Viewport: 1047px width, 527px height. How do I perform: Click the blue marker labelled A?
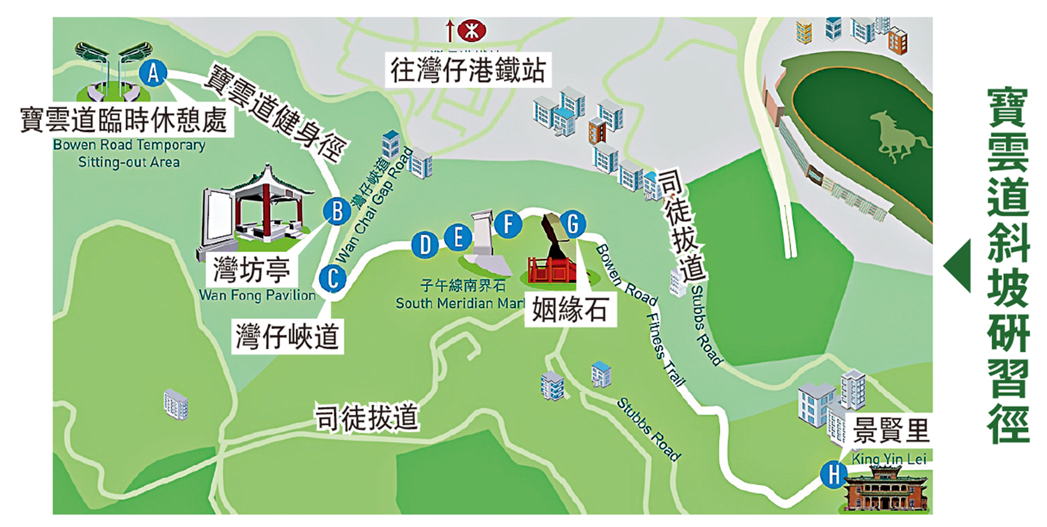coord(154,73)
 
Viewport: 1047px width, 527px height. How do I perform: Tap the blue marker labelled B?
coord(337,210)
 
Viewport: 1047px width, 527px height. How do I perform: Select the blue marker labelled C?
coord(332,278)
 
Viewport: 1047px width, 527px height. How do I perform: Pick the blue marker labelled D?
coord(424,244)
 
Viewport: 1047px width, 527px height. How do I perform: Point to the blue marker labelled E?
coord(458,238)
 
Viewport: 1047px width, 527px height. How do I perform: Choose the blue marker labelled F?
coord(507,225)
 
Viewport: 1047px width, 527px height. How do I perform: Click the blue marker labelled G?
coord(572,224)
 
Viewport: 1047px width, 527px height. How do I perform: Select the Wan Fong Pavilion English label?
coord(258,295)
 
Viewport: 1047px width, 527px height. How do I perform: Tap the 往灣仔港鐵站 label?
coord(467,71)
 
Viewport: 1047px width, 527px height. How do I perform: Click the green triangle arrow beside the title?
coord(957,267)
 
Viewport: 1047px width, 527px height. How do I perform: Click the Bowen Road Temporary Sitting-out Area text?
coord(129,154)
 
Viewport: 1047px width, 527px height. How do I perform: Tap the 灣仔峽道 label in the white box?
coord(287,335)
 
